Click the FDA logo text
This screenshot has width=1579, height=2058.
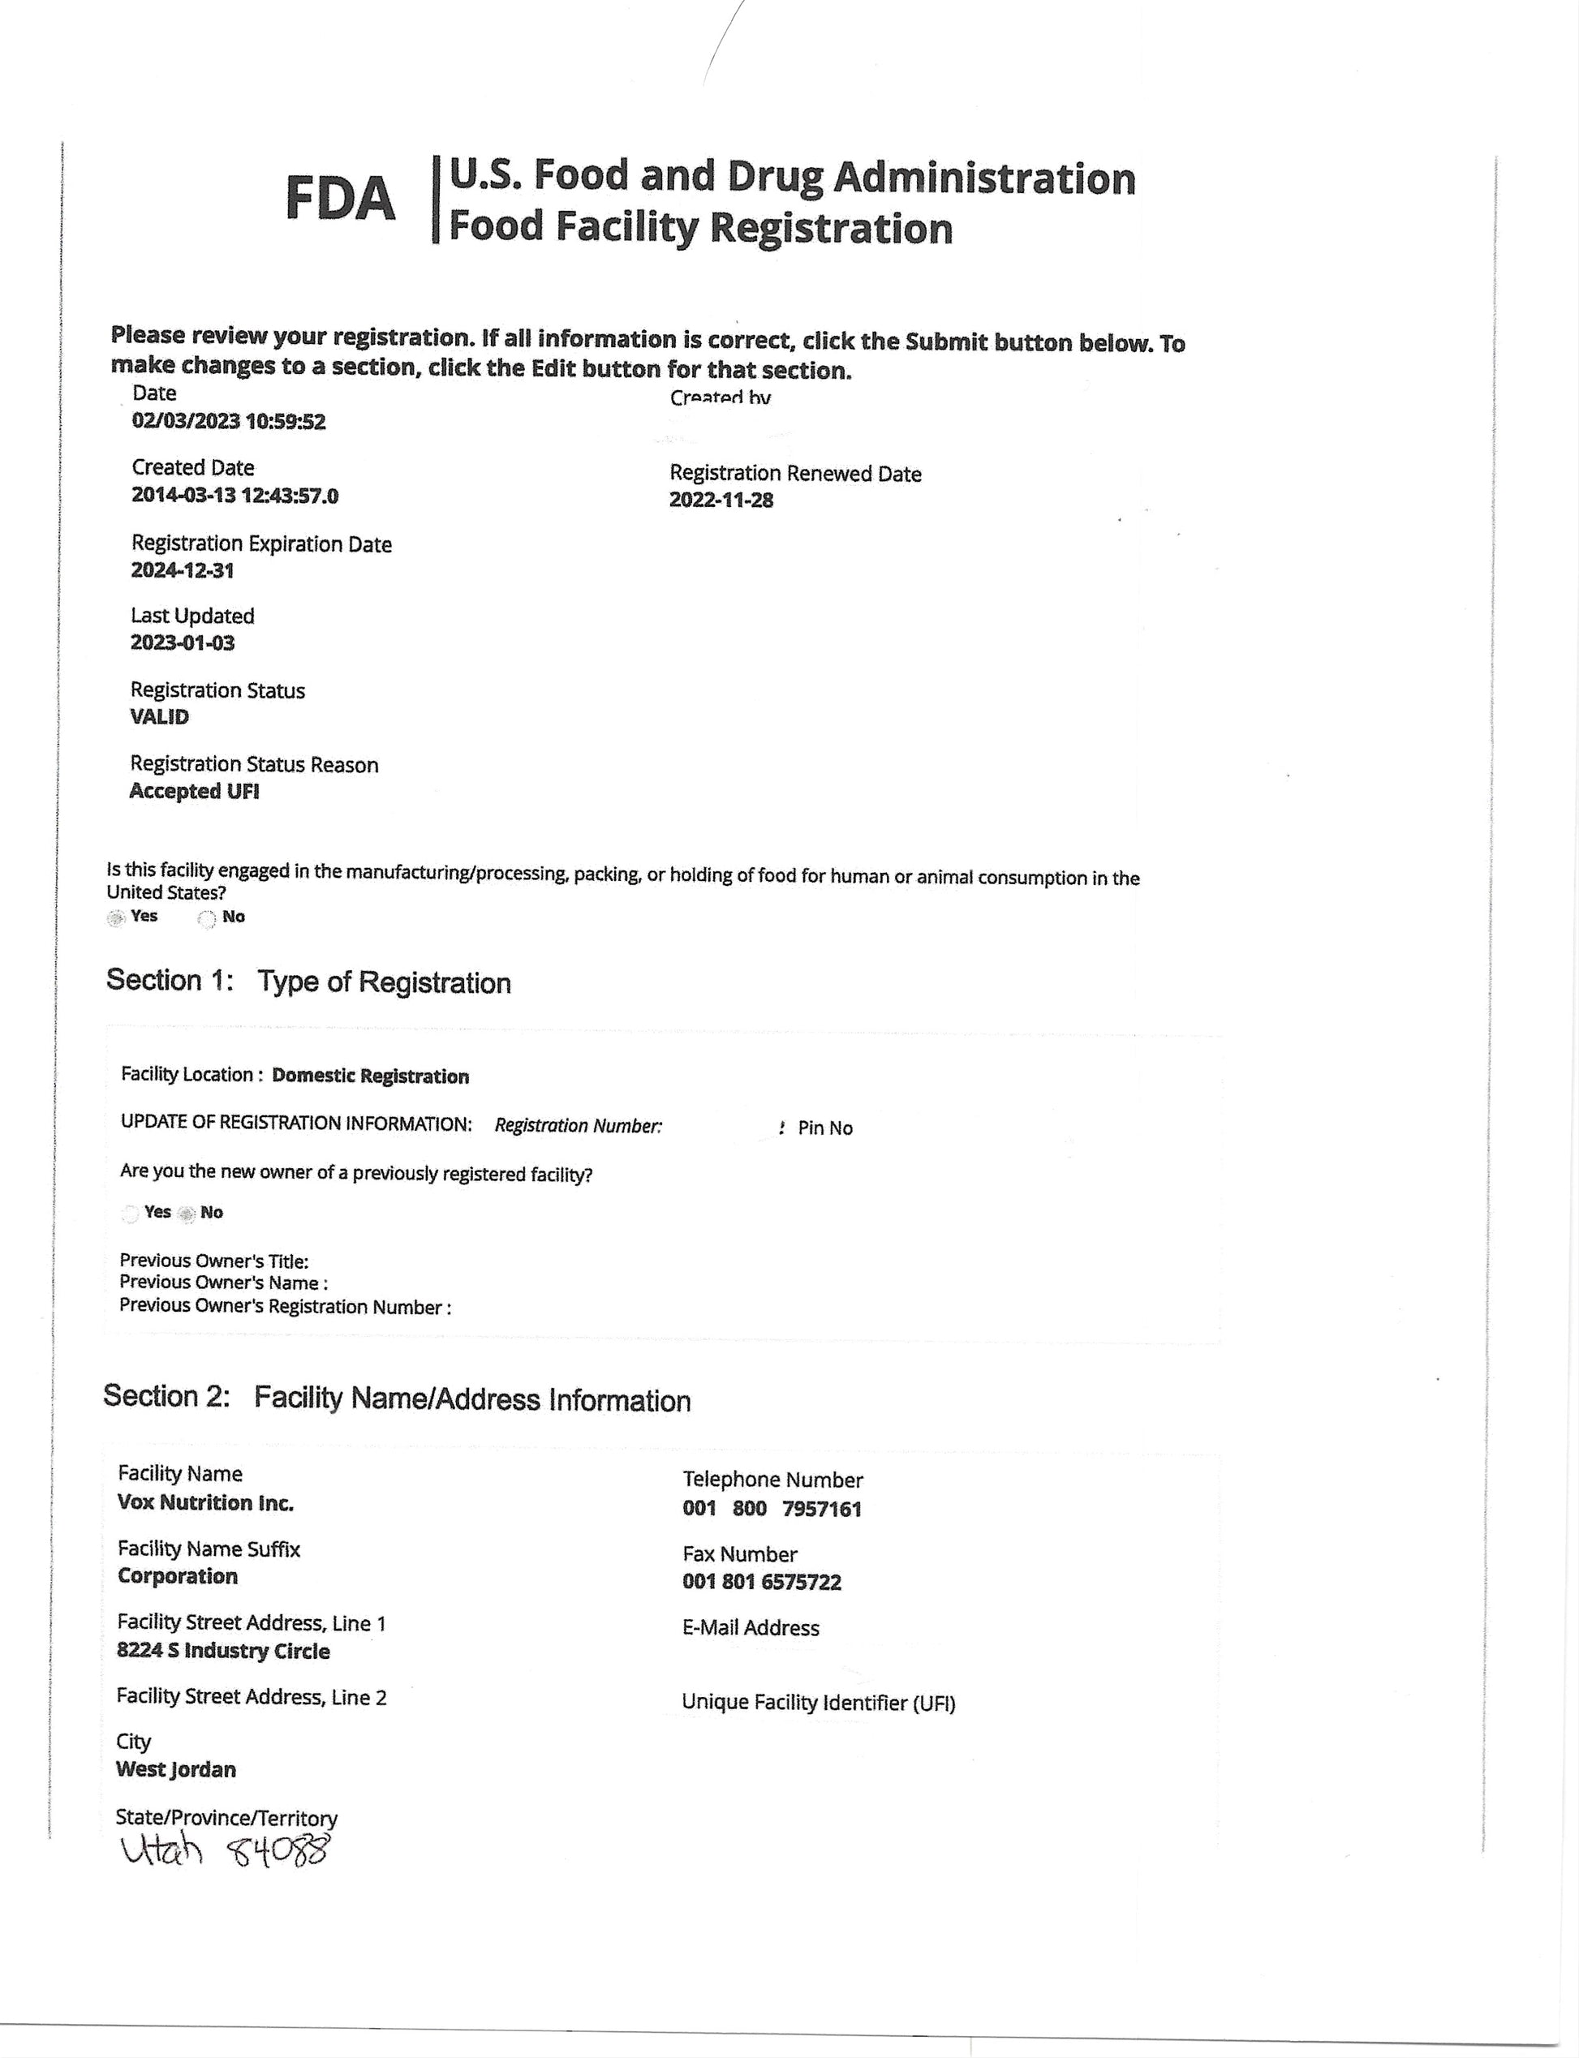coord(339,200)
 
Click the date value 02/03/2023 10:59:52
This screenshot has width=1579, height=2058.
coord(228,421)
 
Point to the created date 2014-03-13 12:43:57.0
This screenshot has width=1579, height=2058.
coord(235,496)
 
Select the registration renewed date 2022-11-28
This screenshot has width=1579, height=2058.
coord(721,500)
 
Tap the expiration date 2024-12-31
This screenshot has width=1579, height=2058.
coord(183,570)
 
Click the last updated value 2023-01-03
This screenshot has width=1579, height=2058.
coord(183,642)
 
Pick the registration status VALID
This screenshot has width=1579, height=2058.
coord(160,716)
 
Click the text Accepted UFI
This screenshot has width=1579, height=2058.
coord(194,791)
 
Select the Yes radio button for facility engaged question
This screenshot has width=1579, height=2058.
coord(115,918)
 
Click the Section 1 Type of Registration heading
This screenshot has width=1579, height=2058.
coord(308,982)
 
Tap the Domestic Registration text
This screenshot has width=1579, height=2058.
coord(370,1076)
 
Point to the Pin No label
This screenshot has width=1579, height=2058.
coord(824,1128)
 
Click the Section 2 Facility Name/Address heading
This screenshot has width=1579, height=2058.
coord(397,1398)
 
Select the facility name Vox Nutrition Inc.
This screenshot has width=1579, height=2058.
coord(206,1502)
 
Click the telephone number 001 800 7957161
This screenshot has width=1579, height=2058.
coord(772,1508)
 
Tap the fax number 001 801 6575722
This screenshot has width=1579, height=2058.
coord(761,1582)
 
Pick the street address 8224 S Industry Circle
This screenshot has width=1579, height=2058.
coord(223,1651)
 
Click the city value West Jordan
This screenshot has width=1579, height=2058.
coord(176,1769)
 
